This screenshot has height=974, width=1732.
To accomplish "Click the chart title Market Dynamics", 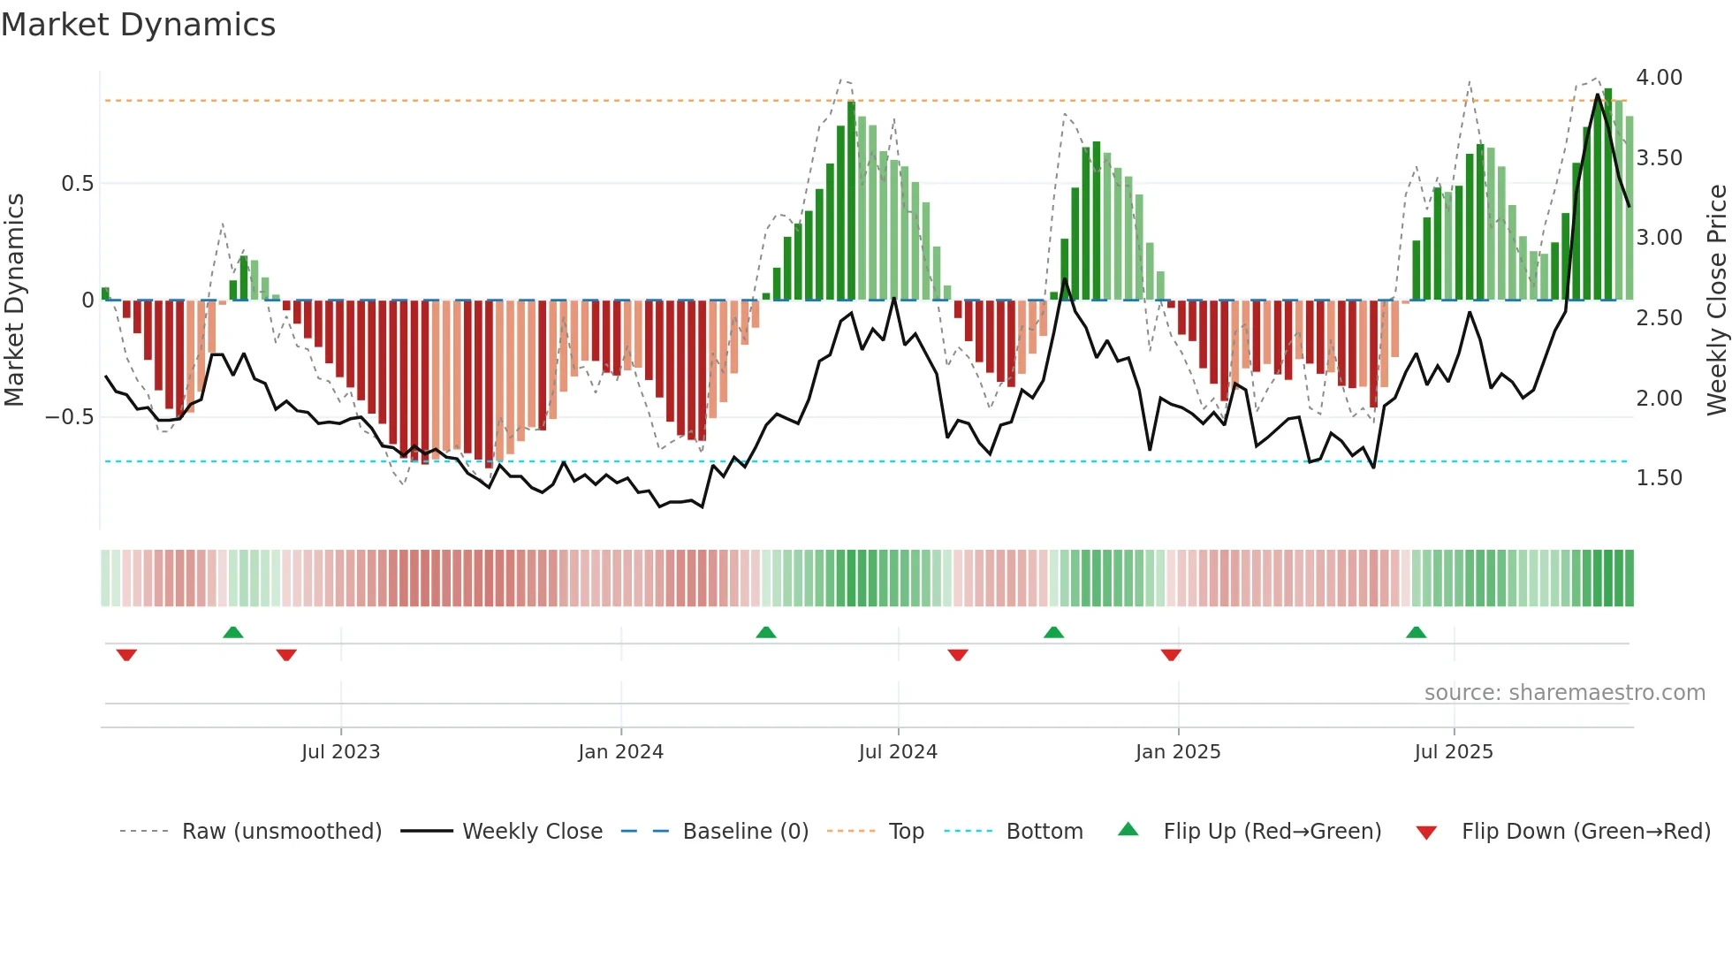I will pyautogui.click(x=139, y=25).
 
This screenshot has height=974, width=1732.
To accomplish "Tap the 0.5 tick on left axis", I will pyautogui.click(x=77, y=184).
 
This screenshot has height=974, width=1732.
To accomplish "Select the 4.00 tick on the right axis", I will pyautogui.click(x=1659, y=78).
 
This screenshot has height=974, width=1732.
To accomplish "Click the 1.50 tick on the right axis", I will pyautogui.click(x=1659, y=478).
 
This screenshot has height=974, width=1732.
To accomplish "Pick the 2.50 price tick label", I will pyautogui.click(x=1659, y=318).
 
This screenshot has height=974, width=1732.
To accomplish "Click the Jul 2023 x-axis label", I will pyautogui.click(x=340, y=752).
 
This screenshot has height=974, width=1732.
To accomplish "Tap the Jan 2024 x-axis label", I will pyautogui.click(x=620, y=752).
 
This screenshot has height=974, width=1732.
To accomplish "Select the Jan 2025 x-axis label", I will pyautogui.click(x=1178, y=752).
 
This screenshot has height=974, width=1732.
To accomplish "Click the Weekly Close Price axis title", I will pyautogui.click(x=1716, y=301).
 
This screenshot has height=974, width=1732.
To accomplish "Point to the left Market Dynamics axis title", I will pyautogui.click(x=14, y=301).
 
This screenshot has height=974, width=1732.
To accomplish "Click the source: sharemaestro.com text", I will pyautogui.click(x=1564, y=693).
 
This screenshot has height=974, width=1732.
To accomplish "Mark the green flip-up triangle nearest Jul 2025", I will pyautogui.click(x=1416, y=633).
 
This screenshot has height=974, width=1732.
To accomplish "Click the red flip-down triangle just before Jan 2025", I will pyautogui.click(x=1171, y=654).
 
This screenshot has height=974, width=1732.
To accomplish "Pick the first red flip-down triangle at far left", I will pyautogui.click(x=126, y=654).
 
